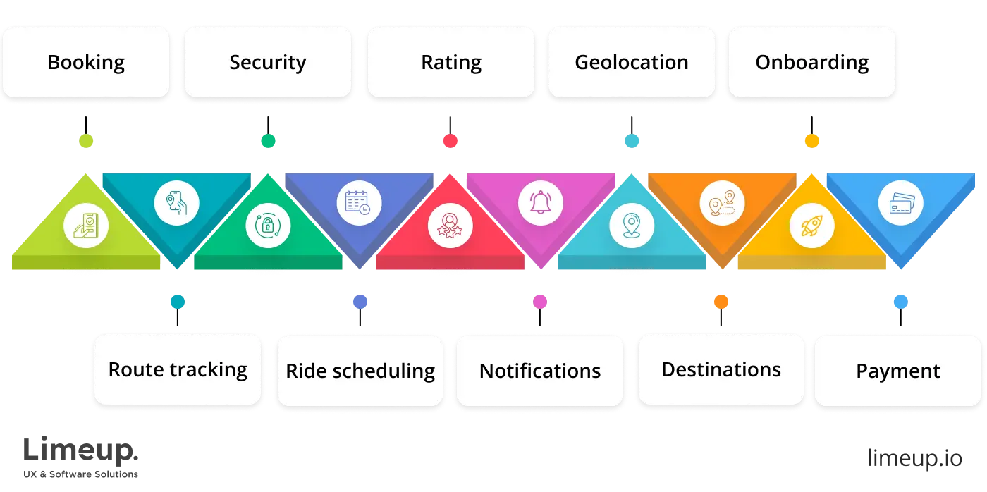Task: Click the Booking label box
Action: tap(86, 62)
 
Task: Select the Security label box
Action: tap(268, 62)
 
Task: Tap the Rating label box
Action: tap(451, 62)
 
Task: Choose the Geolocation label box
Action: tap(632, 62)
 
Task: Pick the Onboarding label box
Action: tap(812, 62)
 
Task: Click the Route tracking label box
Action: tap(178, 370)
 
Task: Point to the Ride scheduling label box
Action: tap(360, 370)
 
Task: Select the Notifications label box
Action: tap(540, 370)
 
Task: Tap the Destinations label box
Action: tap(721, 370)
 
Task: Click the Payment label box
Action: tap(898, 370)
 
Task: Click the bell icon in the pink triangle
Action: tap(541, 203)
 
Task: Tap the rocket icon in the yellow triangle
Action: tap(812, 226)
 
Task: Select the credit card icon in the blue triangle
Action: tap(901, 204)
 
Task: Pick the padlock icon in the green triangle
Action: tap(268, 226)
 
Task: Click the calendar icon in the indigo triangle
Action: tap(359, 203)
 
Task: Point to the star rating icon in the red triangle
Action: tap(450, 226)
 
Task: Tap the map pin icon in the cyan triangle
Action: tap(632, 226)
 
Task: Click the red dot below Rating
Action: tap(450, 141)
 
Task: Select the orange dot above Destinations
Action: tap(721, 302)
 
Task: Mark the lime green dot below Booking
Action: tap(87, 141)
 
